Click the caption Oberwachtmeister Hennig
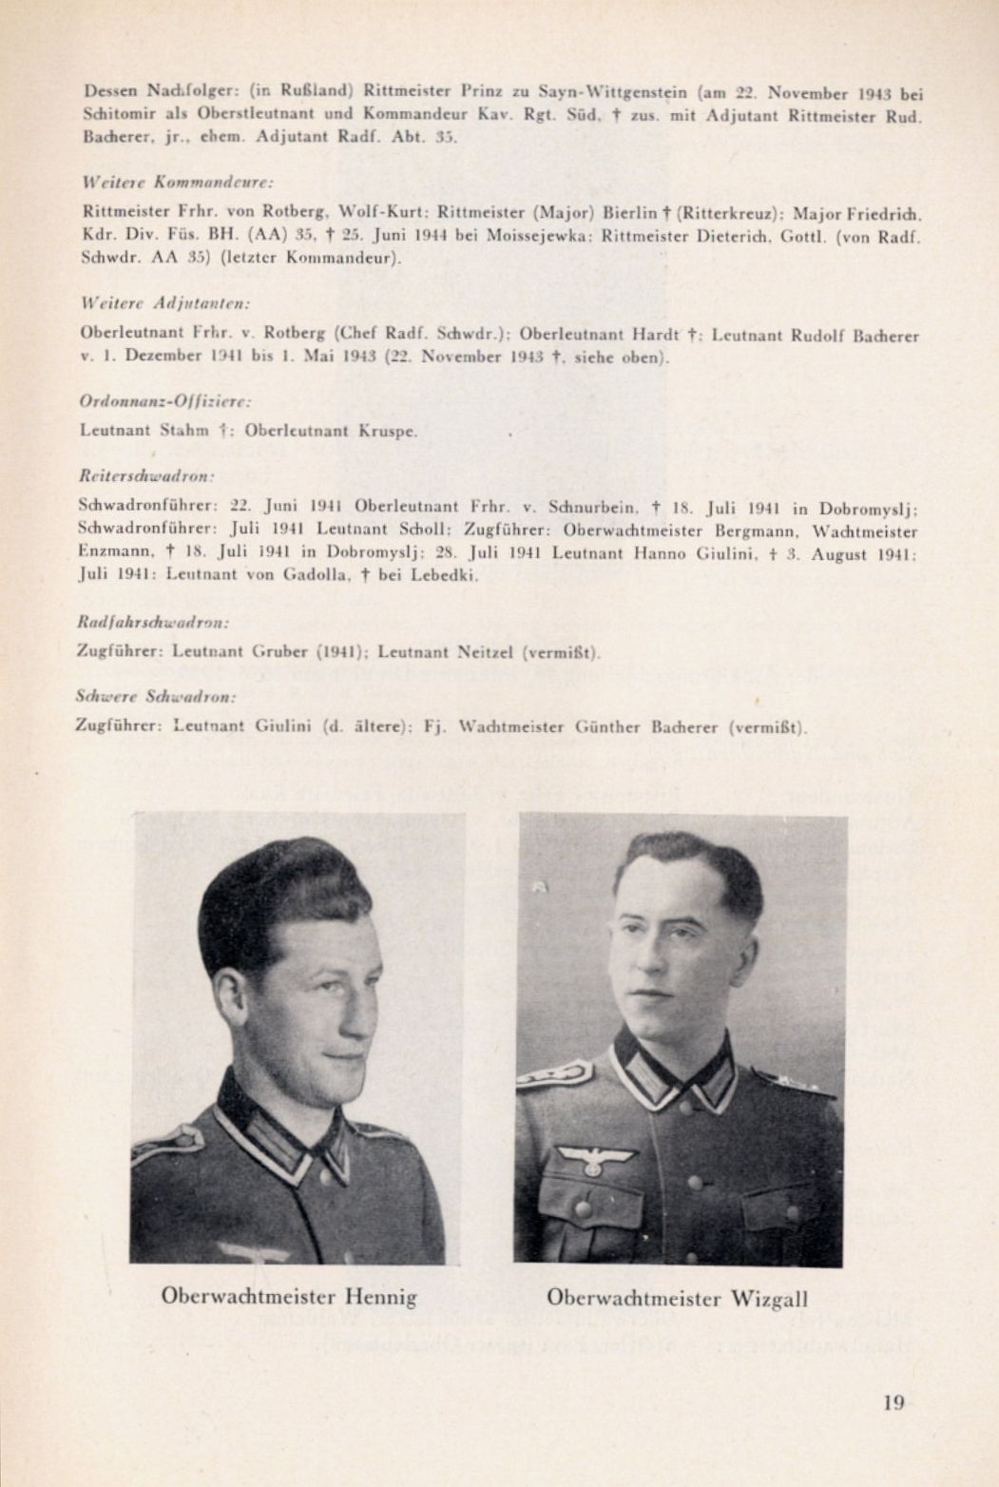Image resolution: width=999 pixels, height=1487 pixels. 289,1296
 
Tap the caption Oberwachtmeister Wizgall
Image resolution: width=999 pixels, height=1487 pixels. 678,1298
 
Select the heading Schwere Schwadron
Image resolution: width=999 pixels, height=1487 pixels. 143,696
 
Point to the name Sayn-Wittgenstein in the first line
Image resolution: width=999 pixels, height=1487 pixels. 615,93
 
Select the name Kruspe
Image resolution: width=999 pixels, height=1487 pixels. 388,430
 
